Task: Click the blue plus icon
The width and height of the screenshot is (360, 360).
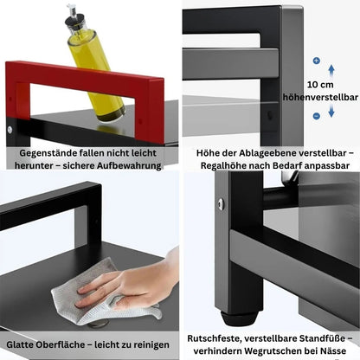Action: click(317, 61)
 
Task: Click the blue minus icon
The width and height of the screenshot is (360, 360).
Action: click(317, 116)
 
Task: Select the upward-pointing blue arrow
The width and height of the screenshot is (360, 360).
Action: click(331, 71)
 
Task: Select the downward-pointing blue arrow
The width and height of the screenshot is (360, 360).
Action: click(331, 111)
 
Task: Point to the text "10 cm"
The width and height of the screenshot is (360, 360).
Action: click(320, 85)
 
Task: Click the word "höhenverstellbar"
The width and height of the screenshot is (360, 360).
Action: click(320, 97)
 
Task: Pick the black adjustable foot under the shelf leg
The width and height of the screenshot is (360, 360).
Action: click(239, 318)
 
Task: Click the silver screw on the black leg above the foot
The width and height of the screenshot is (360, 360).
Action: click(221, 204)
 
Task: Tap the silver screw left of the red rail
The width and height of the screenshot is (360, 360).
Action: click(10, 130)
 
